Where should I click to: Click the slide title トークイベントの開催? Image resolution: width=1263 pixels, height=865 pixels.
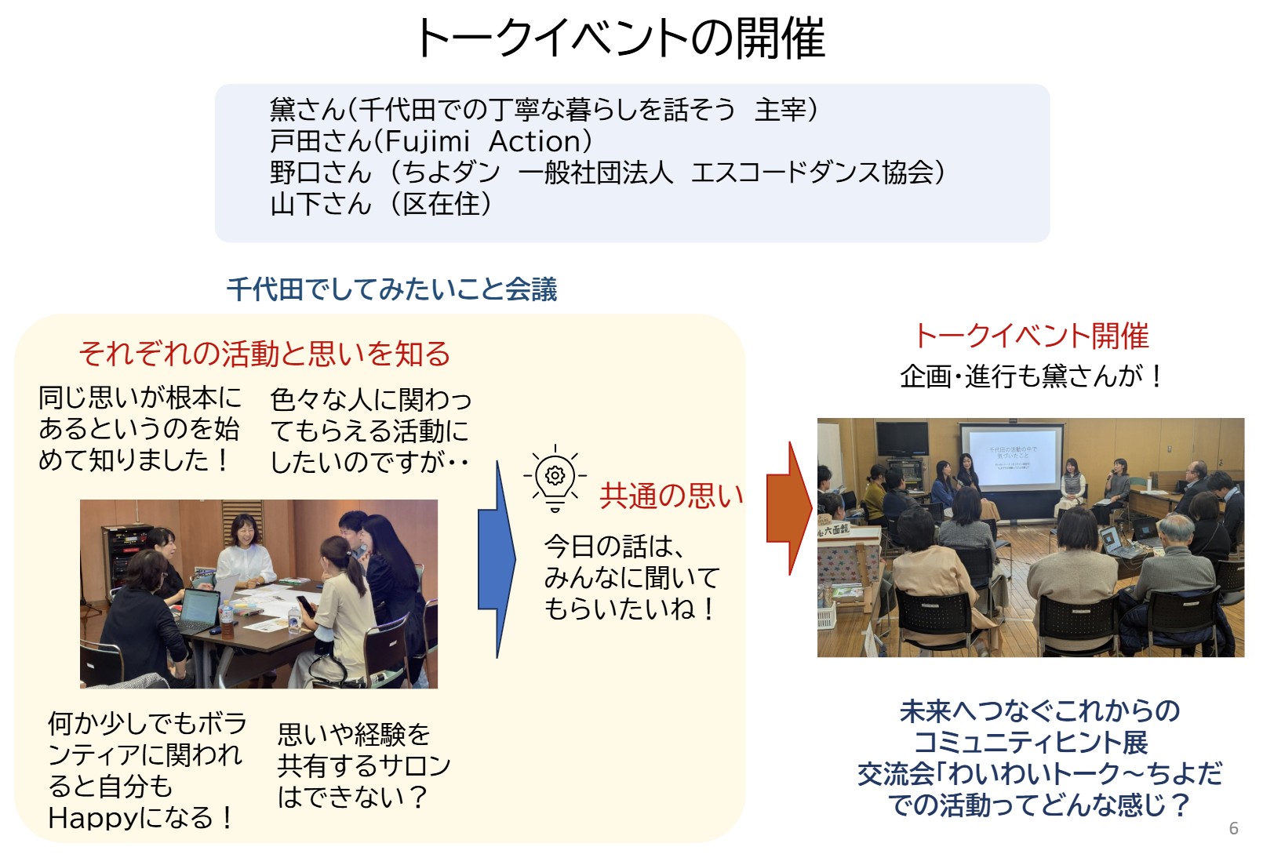621,38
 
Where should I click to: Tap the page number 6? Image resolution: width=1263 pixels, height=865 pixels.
1233,828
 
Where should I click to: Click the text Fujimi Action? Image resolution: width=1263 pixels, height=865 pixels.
482,141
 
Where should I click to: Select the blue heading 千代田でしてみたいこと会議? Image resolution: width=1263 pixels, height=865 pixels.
392,289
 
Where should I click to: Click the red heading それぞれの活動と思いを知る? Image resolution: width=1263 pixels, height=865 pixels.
264,354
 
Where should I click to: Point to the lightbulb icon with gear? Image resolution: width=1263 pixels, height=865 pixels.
555,478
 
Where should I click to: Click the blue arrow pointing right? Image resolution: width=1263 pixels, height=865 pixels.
496,559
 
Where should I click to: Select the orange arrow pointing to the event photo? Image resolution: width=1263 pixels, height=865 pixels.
789,507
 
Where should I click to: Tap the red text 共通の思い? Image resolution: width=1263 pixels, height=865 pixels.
672,496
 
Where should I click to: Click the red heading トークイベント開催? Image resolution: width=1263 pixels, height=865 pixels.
1032,336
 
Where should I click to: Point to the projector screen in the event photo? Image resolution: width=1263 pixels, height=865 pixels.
1011,456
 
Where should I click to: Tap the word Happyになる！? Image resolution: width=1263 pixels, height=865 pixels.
141,818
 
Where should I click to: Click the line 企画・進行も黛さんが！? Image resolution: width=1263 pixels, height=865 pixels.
1032,376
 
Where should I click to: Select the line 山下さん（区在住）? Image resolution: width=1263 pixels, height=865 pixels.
381,204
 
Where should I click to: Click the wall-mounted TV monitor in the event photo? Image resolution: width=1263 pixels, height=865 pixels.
901,438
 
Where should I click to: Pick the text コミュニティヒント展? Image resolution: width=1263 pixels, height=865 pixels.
1032,742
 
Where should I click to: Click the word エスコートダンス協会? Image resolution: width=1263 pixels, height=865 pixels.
812,173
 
